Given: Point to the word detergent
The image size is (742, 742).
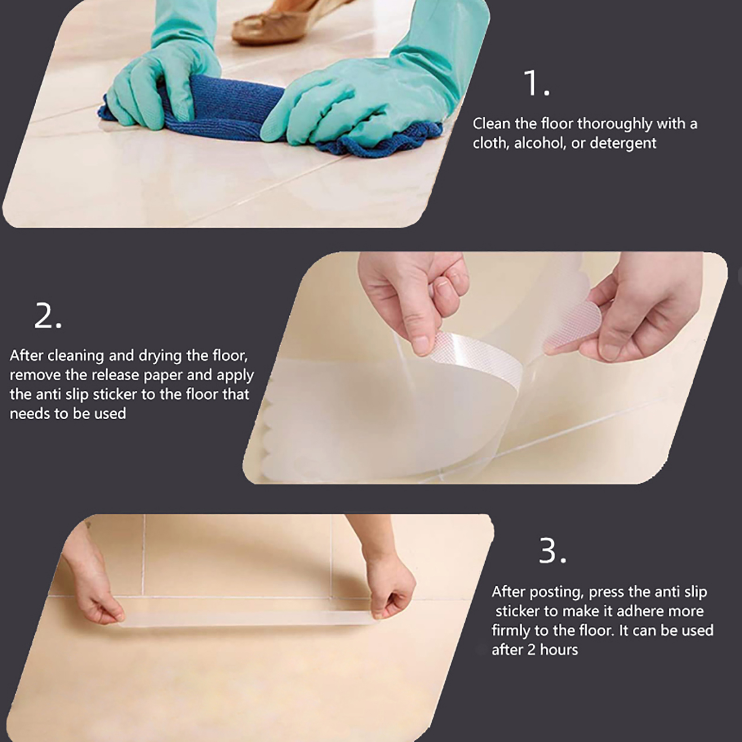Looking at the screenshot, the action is coord(623,143).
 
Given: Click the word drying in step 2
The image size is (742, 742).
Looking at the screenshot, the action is coord(158,356).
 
